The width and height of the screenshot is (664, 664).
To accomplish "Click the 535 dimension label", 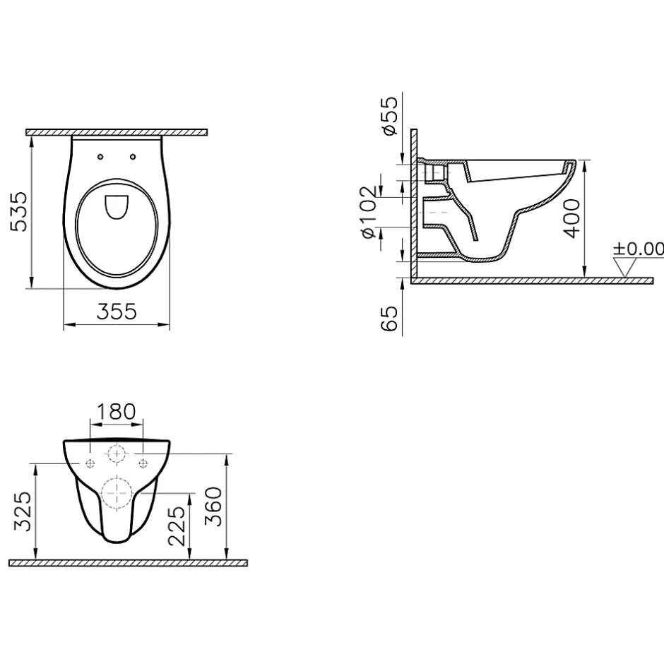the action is tap(19, 212).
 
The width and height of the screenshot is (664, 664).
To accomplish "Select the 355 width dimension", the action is tap(117, 312).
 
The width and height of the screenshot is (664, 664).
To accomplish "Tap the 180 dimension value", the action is tap(117, 412).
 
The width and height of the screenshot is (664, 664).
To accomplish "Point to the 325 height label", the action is tap(23, 511).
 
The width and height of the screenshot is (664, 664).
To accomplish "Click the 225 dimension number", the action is tap(177, 526).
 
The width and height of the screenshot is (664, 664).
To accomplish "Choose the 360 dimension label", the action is tap(213, 506).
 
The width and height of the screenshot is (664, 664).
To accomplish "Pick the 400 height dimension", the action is tap(571, 218).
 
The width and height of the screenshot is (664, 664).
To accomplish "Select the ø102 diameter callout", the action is tap(367, 212).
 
